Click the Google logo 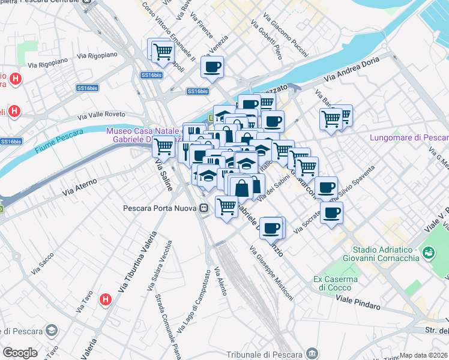click(x=20, y=353)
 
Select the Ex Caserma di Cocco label click(x=336, y=283)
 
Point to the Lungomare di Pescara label click(x=407, y=137)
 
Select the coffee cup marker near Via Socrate click(x=331, y=212)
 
